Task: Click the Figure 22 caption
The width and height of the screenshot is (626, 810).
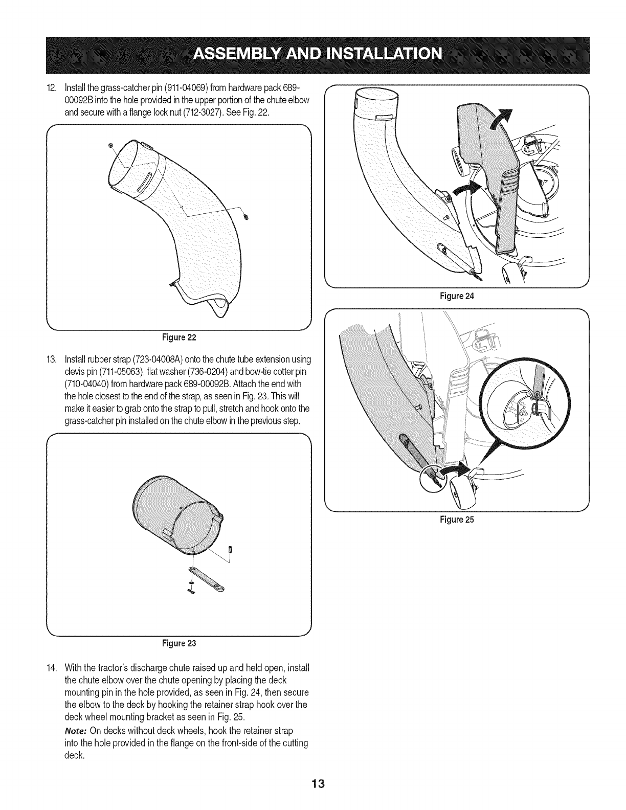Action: [180, 338]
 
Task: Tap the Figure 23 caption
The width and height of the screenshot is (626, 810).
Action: [180, 643]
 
